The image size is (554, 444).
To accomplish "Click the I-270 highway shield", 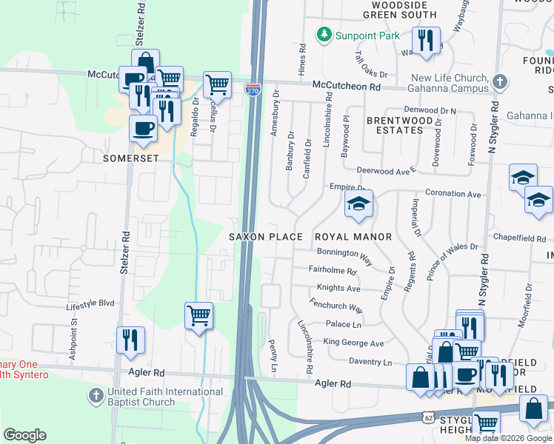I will click(x=253, y=89).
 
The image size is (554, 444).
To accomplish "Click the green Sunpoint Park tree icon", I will click(x=324, y=35).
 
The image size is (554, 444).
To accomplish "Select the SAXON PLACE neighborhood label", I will click(x=266, y=237).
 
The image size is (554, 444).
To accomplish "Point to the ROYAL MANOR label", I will click(x=353, y=237).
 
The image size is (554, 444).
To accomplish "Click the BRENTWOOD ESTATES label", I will click(x=396, y=124).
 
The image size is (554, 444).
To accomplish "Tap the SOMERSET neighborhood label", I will click(x=133, y=158).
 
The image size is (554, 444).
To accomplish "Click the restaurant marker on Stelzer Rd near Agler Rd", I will click(x=130, y=340).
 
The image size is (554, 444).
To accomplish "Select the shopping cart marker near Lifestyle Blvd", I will click(x=198, y=315).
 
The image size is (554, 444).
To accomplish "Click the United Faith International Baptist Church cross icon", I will click(x=96, y=396).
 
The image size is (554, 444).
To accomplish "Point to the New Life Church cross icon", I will click(x=500, y=81).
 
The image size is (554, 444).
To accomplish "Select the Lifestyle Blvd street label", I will click(x=90, y=303).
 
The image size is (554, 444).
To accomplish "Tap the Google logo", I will click(x=24, y=435).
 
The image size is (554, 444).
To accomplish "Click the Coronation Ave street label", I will click(x=453, y=194).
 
